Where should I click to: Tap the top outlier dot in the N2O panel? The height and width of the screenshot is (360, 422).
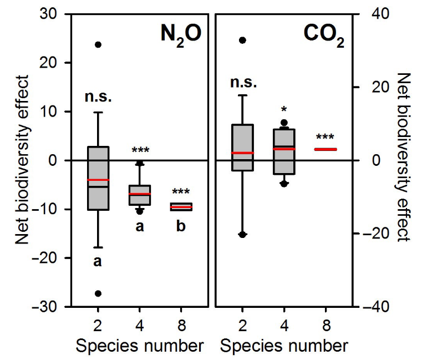click(98, 44)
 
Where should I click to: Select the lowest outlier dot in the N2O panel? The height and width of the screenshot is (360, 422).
click(98, 293)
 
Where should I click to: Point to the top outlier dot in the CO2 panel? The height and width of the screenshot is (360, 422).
click(242, 40)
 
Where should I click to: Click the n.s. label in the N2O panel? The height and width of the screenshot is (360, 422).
click(98, 97)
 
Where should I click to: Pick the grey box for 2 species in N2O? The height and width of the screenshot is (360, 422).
click(98, 178)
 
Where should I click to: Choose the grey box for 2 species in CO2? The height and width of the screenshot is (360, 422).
click(242, 147)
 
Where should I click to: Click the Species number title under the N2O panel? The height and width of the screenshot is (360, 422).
click(139, 346)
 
